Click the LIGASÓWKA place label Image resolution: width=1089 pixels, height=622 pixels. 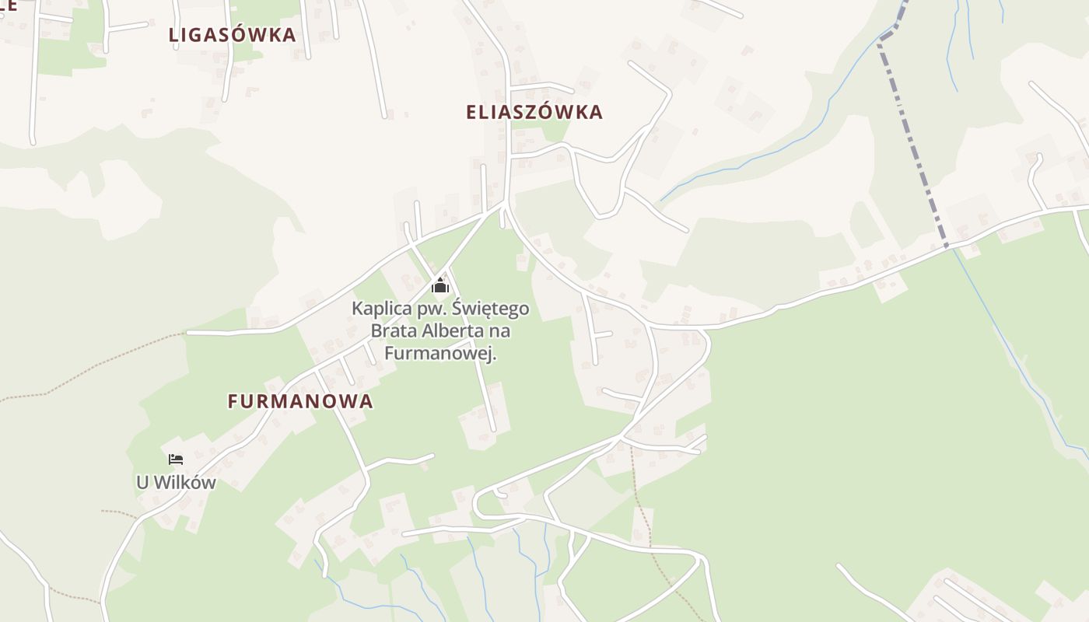(232, 35)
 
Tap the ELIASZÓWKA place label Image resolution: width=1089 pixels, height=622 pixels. (534, 112)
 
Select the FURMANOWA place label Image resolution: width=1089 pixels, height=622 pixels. (300, 401)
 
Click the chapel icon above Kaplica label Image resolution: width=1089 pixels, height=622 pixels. (440, 285)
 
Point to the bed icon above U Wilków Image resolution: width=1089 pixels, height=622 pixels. (176, 460)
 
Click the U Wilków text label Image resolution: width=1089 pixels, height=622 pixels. (176, 482)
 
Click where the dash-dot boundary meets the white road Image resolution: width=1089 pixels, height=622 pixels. (947, 246)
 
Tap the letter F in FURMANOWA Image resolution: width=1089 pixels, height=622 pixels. (233, 401)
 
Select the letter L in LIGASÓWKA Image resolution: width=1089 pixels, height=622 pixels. (173, 35)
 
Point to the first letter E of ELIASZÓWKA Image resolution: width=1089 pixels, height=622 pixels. (471, 112)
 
